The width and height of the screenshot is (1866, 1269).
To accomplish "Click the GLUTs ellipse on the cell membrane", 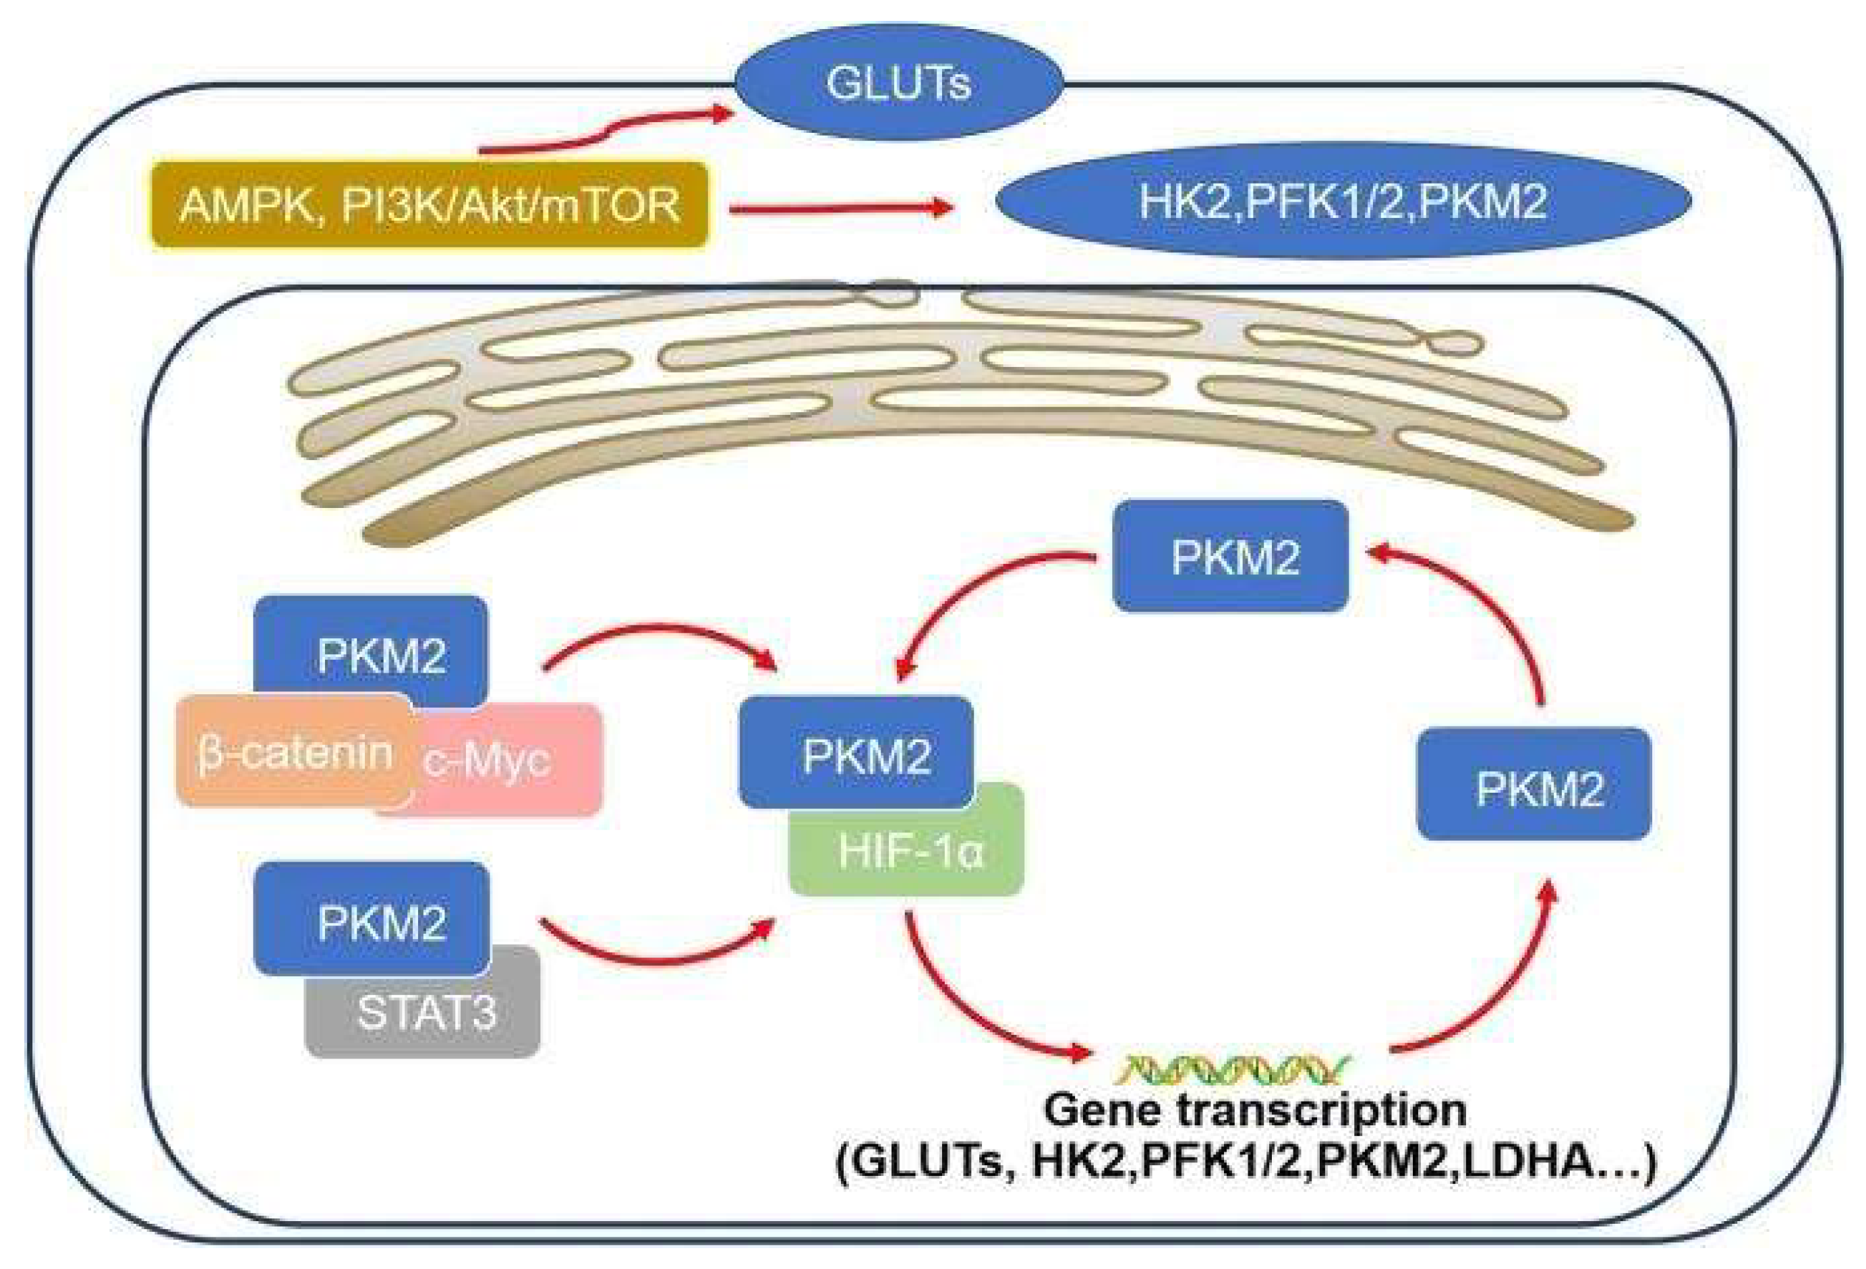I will click(898, 82).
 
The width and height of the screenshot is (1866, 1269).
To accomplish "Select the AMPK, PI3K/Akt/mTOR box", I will click(429, 205).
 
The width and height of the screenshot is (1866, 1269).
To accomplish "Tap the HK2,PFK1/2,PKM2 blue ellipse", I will click(1343, 201).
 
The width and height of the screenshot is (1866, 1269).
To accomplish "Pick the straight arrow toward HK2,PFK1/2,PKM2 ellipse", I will click(839, 209).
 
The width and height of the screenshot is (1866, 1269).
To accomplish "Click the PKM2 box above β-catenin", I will click(372, 646).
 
